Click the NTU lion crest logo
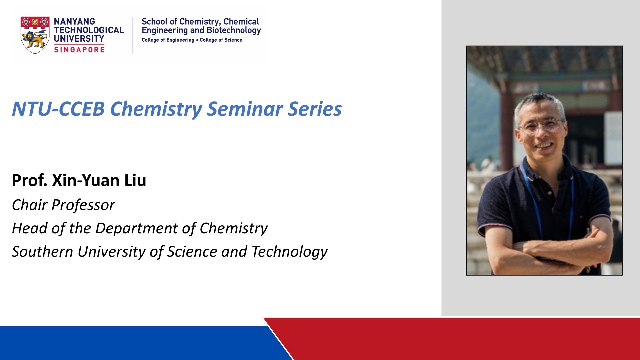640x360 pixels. pos(35,35)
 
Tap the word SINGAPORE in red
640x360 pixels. pos(79,50)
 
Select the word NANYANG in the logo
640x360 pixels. pos(74,21)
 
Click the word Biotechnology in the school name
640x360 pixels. pos(234,31)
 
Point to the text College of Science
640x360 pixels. pos(221,40)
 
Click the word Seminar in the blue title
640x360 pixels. pos(245,109)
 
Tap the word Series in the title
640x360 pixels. pos(315,109)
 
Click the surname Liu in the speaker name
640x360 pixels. pos(135,180)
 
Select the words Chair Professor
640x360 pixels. pos(63,205)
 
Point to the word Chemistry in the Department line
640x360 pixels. pos(234,229)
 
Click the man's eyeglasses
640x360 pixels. pos(541,125)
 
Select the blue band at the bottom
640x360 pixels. pos(140,343)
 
